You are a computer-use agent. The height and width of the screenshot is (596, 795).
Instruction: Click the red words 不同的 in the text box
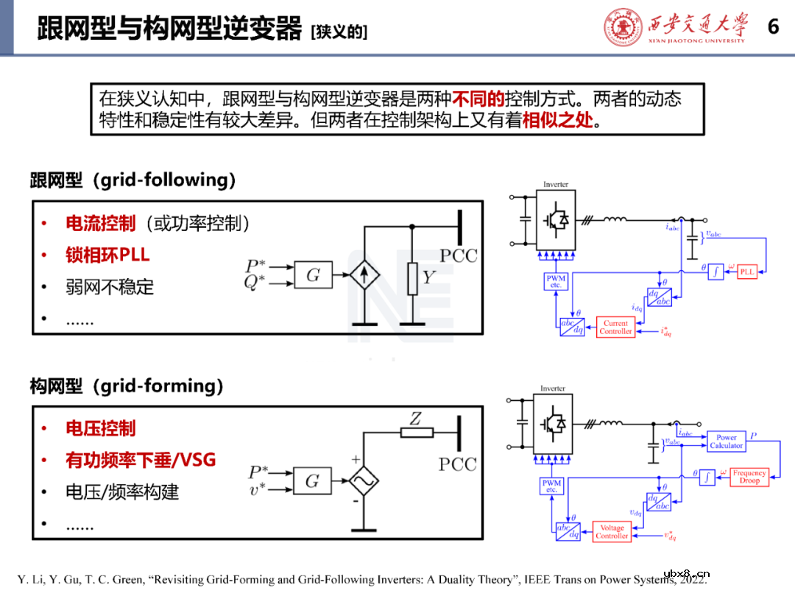click(x=478, y=99)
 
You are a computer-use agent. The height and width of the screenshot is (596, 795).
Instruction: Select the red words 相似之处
click(x=557, y=121)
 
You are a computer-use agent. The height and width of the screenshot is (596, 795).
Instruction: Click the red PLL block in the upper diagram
click(x=746, y=272)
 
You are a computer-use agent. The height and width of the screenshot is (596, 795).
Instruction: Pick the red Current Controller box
click(x=615, y=327)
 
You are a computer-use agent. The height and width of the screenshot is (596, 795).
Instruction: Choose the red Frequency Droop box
click(x=749, y=477)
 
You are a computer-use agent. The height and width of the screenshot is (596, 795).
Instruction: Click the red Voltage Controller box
click(x=612, y=532)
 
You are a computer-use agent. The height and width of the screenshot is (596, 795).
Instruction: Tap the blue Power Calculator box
click(x=726, y=441)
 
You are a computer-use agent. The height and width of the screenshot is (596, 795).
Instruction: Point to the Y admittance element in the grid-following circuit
click(x=413, y=278)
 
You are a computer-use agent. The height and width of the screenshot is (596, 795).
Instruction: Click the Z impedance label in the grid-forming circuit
click(x=416, y=419)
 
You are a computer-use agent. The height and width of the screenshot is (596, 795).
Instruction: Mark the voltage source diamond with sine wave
click(x=363, y=481)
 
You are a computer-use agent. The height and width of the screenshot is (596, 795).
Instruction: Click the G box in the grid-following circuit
click(x=313, y=276)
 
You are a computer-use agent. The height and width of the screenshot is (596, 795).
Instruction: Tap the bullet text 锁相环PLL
click(x=107, y=255)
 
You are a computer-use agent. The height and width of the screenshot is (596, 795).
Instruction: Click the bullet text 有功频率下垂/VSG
click(x=141, y=461)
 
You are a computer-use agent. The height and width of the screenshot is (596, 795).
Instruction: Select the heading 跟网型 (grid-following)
click(x=132, y=180)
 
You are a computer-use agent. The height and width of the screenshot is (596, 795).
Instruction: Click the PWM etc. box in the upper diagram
click(x=555, y=281)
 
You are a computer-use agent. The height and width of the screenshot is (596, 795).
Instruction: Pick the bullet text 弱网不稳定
click(x=110, y=287)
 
